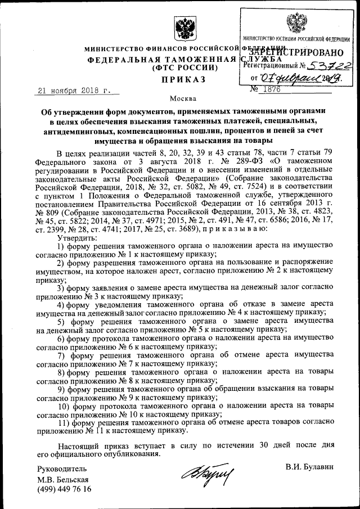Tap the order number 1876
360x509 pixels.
(x=272, y=89)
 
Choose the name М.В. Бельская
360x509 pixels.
(x=63, y=479)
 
